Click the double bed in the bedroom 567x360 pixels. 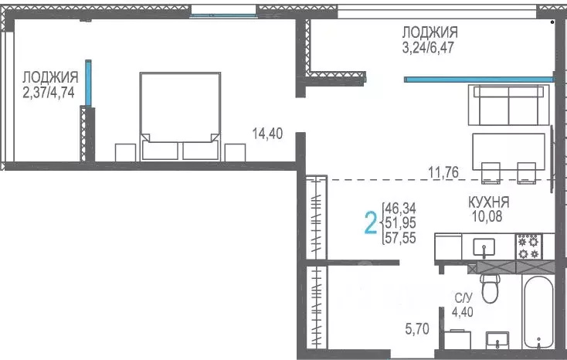pyautogui.click(x=180, y=117)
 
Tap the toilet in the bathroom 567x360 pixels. pyautogui.click(x=490, y=288)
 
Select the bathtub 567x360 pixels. pyautogui.click(x=538, y=312)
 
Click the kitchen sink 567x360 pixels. pyautogui.click(x=484, y=246)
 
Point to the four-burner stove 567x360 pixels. pyautogui.click(x=528, y=246)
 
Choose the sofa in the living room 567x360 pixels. pyautogui.click(x=508, y=105)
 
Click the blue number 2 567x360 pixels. pyautogui.click(x=371, y=223)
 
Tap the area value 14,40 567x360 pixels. pyautogui.click(x=267, y=134)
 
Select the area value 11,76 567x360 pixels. pyautogui.click(x=443, y=172)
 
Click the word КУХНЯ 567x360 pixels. pyautogui.click(x=488, y=202)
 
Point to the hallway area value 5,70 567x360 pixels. pyautogui.click(x=417, y=328)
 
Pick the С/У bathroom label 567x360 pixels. pyautogui.click(x=463, y=298)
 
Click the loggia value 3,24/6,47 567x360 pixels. pyautogui.click(x=428, y=47)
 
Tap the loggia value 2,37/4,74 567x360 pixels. pyautogui.click(x=49, y=92)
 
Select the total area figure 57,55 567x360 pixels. pyautogui.click(x=401, y=238)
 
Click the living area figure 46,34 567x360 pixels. pyautogui.click(x=401, y=209)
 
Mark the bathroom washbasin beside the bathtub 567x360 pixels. pyautogui.click(x=497, y=340)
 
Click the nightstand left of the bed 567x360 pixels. pyautogui.click(x=125, y=152)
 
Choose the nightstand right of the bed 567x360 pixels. pyautogui.click(x=235, y=152)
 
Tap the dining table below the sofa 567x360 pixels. pyautogui.click(x=508, y=151)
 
